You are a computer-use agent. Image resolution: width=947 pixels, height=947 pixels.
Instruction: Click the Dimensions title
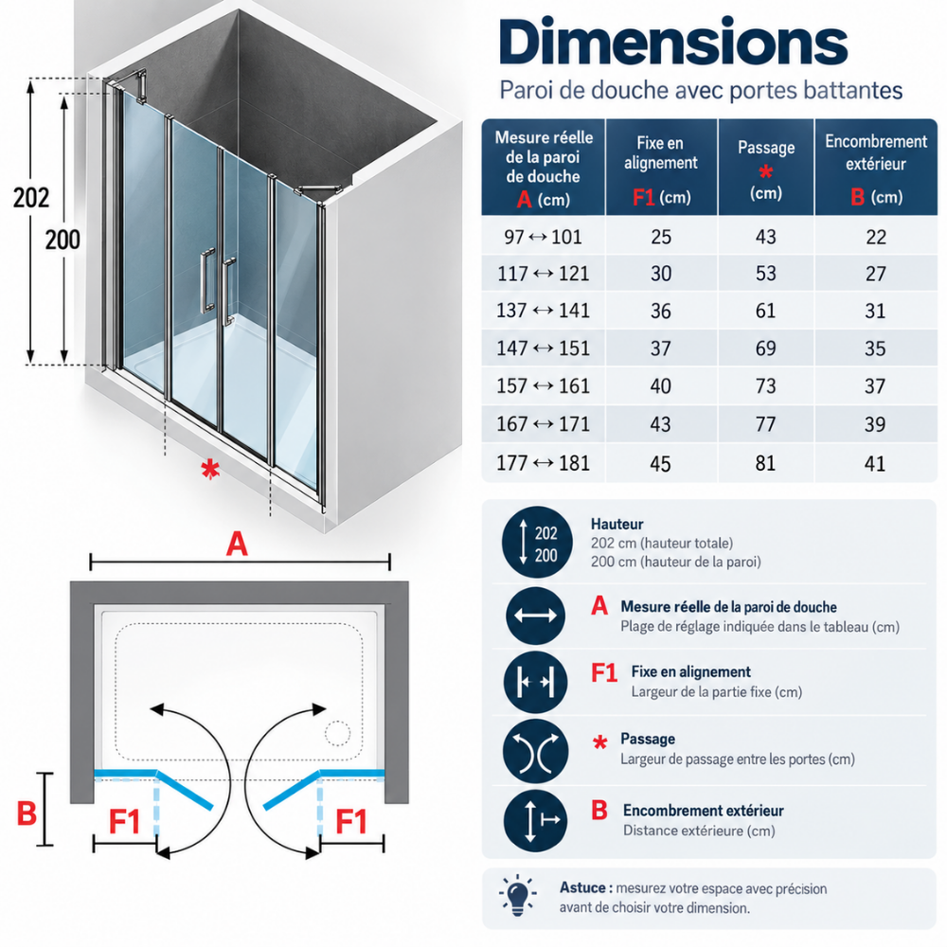pos(673,42)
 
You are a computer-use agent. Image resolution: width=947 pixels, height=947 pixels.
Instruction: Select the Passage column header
pos(766,168)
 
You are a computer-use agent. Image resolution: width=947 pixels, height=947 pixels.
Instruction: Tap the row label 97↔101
pos(543,237)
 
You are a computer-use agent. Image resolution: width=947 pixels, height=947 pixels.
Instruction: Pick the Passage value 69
pos(765,348)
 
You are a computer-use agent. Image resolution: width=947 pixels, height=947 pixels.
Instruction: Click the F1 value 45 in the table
pos(660,463)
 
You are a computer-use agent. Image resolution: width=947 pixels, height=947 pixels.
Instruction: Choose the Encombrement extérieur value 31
pos(875,311)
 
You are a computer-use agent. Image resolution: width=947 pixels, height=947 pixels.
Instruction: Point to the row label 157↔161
pos(543,386)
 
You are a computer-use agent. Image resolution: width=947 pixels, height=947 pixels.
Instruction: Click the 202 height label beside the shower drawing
pos(31,198)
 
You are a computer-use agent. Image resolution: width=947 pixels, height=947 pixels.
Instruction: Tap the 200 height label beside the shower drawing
pos(63,240)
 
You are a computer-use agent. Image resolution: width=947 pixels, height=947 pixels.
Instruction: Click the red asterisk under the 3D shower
pos(209,470)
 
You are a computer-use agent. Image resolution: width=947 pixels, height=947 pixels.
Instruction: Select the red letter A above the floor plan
pos(237,544)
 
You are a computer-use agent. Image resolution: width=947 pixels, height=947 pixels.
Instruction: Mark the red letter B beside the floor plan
pos(27,813)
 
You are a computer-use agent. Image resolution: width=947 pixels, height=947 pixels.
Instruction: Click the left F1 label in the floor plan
pos(124,821)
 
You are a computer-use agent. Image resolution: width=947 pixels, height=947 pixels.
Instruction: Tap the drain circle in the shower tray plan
pos(338,733)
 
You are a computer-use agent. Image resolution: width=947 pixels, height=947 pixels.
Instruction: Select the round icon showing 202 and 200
pos(537,543)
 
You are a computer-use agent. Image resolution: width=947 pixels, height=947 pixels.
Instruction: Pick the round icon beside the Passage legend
pos(535,751)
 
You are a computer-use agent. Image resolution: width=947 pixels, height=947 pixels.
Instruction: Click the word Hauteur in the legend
pos(616,524)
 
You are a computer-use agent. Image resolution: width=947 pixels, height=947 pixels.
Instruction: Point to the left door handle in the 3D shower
pos(207,281)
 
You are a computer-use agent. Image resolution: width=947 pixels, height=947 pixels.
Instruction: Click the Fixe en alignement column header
pos(661,168)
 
